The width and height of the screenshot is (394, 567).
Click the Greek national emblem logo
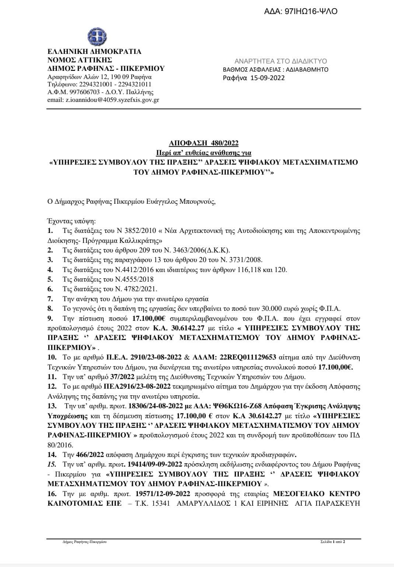[97, 37]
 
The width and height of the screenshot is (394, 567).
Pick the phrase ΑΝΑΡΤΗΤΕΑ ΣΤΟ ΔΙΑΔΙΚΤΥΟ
[280, 61]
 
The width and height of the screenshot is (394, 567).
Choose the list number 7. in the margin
[50, 299]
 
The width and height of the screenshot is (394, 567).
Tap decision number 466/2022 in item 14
[90, 454]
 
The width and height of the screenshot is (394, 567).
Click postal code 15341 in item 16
[161, 503]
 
